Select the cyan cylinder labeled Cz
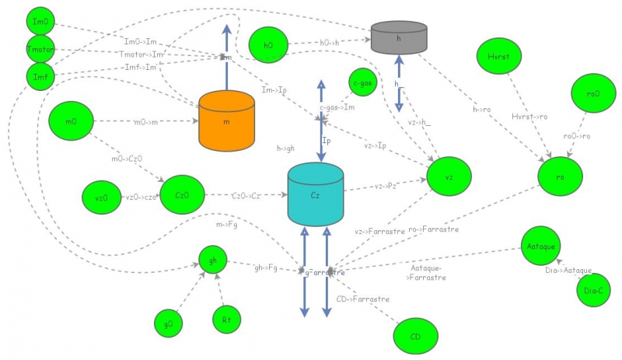316,194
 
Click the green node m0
70,121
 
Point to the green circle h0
268,45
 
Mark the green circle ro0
592,93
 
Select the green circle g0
168,321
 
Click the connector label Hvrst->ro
529,117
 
